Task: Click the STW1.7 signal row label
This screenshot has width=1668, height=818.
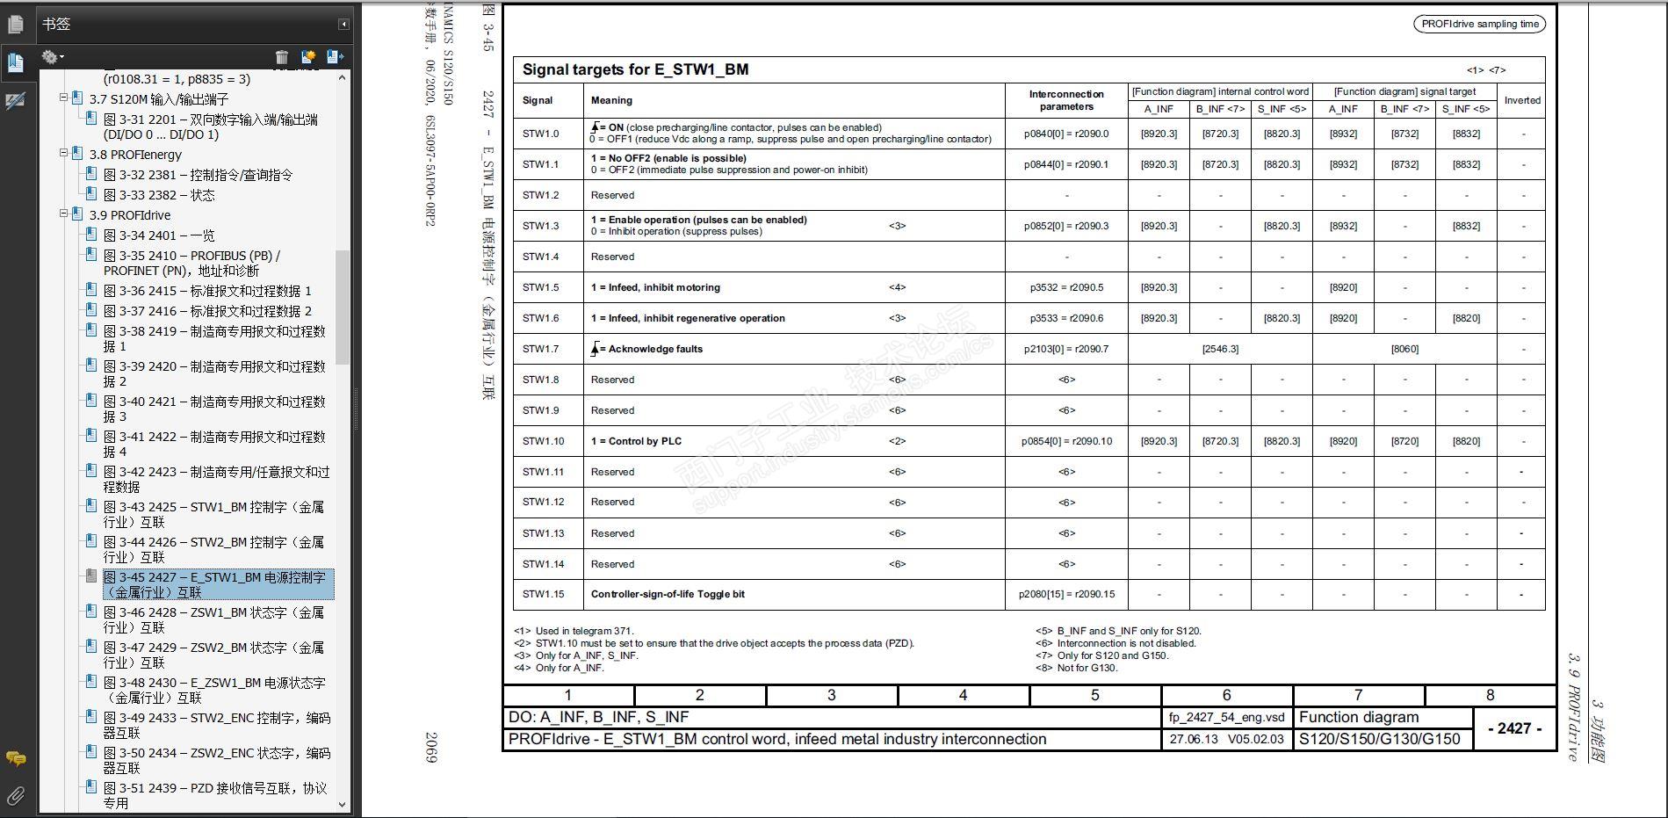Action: coord(540,349)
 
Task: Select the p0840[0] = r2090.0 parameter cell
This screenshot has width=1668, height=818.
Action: coord(1066,134)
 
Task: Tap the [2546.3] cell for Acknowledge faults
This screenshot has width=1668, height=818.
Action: coord(1220,349)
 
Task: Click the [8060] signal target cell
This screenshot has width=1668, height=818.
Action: coord(1404,349)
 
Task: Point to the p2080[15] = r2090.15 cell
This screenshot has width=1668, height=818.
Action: coord(1066,594)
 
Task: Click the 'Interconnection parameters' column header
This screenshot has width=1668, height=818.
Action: coord(1066,100)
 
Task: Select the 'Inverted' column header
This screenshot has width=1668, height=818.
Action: coord(1522,100)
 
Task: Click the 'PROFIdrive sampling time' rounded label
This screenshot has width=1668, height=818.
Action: coord(1480,24)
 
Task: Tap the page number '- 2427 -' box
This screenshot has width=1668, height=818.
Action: coord(1514,728)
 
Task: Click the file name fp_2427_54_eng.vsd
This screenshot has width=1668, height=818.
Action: coord(1226,717)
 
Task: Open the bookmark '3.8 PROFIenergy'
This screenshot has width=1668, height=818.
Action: coord(135,155)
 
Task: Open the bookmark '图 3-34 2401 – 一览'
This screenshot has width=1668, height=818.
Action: coord(159,235)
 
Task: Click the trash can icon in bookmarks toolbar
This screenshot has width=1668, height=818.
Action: coord(282,57)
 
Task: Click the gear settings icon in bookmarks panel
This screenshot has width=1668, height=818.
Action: coord(50,57)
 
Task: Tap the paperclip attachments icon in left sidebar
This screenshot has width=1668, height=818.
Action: coord(15,796)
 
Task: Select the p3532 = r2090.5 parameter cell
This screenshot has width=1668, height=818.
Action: coord(1066,287)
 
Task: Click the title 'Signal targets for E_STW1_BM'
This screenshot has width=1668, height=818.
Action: coord(635,69)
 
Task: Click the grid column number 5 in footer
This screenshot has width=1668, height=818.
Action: coord(1094,695)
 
